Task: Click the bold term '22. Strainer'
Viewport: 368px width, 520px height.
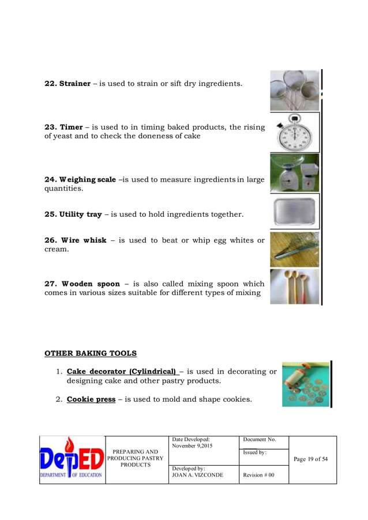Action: tap(67, 84)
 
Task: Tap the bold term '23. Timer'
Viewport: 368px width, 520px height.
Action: tap(63, 127)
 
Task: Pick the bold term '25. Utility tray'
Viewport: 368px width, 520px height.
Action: tap(73, 214)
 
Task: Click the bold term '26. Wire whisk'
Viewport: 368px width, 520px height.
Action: tap(76, 240)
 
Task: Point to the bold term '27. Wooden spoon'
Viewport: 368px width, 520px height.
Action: tap(82, 284)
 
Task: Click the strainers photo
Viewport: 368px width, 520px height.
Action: tap(294, 91)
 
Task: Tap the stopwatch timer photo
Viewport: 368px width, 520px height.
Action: tap(294, 132)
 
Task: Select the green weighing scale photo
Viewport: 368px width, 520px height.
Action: tap(294, 173)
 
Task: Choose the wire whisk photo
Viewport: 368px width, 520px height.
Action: tap(294, 250)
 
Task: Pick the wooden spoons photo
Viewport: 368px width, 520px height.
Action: tap(294, 287)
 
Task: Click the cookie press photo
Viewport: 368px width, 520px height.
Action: tap(305, 385)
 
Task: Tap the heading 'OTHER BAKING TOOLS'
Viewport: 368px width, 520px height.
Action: tap(91, 353)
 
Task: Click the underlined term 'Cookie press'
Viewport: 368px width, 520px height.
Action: tap(91, 399)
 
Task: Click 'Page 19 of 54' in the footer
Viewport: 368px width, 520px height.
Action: tap(310, 459)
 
